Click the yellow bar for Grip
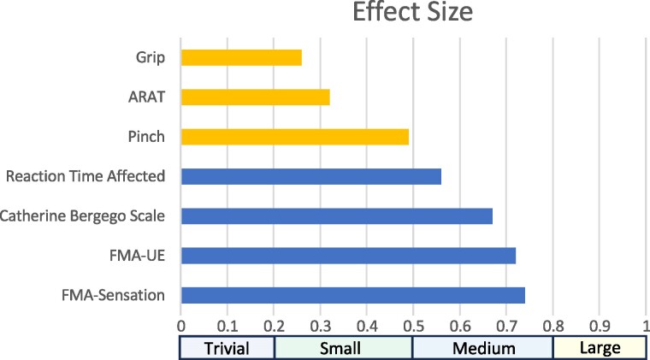click(x=241, y=57)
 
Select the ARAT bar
click(x=256, y=97)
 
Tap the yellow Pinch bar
click(x=295, y=137)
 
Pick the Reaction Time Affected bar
click(x=311, y=176)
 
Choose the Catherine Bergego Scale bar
click(x=337, y=215)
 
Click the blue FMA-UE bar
click(x=348, y=256)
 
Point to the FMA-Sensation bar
click(x=352, y=295)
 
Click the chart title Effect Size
click(x=412, y=12)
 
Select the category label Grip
click(x=150, y=58)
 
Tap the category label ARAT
click(x=146, y=97)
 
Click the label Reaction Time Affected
click(x=86, y=176)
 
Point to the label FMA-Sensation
click(x=113, y=295)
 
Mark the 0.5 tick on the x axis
click(x=413, y=327)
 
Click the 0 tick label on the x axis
click(x=180, y=327)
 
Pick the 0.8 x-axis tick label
click(x=553, y=327)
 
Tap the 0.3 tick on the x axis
click(x=321, y=327)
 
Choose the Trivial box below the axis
click(x=227, y=348)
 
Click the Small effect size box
click(x=343, y=348)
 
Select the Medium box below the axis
click(x=483, y=348)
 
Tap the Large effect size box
click(x=600, y=348)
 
